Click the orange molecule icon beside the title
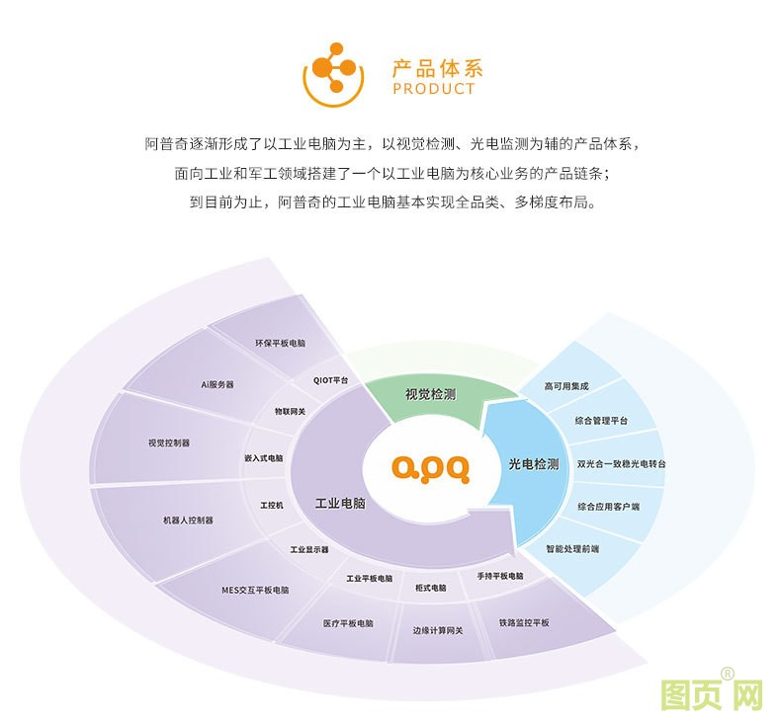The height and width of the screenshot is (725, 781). click(x=333, y=75)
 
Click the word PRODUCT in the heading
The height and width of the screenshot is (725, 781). click(x=433, y=89)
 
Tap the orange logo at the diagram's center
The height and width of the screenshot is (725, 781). click(x=430, y=469)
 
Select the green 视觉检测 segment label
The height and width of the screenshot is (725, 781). click(x=430, y=395)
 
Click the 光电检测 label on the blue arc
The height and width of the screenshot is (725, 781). click(x=534, y=464)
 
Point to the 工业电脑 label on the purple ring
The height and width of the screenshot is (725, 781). click(x=341, y=504)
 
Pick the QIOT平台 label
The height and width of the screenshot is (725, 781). click(x=331, y=380)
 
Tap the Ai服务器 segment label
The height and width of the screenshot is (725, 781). click(x=217, y=384)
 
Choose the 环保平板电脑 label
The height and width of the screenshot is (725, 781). click(x=280, y=344)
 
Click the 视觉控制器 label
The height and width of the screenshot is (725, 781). click(x=169, y=443)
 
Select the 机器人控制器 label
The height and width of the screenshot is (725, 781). click(x=188, y=521)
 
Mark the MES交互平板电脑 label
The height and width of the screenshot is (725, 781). click(x=255, y=590)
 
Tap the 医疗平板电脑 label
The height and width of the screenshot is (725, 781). click(x=348, y=623)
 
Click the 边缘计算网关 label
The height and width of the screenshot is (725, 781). click(x=438, y=630)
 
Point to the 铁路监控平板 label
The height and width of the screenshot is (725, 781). click(x=524, y=623)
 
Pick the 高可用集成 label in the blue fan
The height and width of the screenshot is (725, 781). click(x=566, y=386)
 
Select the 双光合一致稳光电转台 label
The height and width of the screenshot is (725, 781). click(x=621, y=464)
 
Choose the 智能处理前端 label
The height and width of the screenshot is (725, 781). click(x=572, y=549)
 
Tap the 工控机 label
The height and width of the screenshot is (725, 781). click(x=272, y=506)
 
